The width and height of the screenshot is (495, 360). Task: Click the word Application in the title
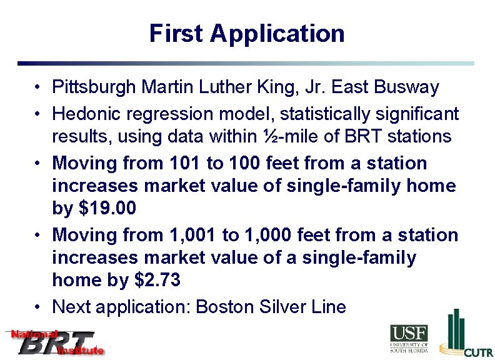tap(277, 34)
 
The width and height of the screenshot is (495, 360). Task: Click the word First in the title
tap(177, 33)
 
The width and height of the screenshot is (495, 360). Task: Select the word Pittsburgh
tap(94, 87)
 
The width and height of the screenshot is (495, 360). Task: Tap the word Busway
tap(407, 87)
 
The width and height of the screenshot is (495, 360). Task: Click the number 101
tap(185, 163)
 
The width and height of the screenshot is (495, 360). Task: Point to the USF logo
tap(409, 339)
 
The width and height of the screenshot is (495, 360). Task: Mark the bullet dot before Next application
tap(39, 307)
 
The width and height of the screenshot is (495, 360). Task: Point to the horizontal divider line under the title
tap(246, 63)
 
